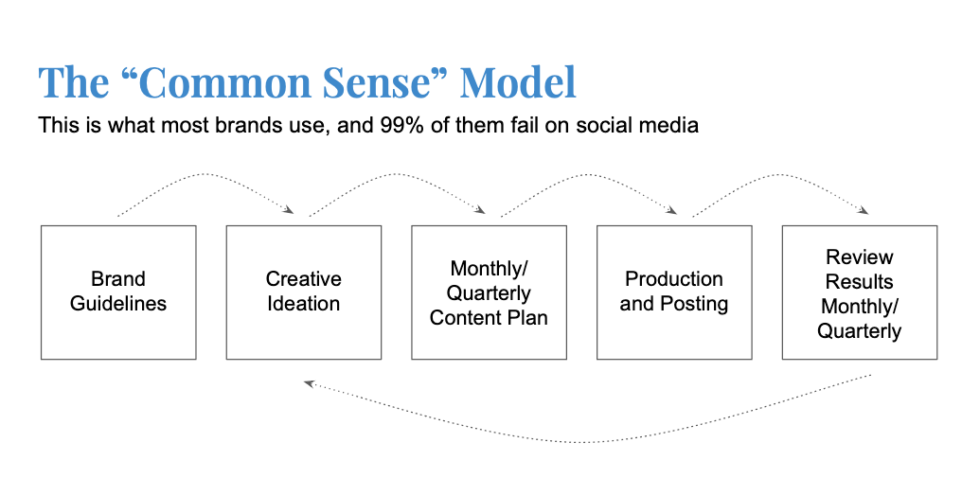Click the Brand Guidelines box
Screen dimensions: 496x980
[118, 292]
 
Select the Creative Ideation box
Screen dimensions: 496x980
[303, 292]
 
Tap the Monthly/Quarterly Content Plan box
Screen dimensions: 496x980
[489, 292]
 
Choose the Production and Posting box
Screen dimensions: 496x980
[674, 292]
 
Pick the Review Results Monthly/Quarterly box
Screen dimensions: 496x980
[860, 292]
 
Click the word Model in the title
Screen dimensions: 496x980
[518, 83]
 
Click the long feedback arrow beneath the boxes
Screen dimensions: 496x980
[587, 440]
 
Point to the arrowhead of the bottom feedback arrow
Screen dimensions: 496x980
[309, 383]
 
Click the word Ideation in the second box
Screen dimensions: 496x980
[303, 304]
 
